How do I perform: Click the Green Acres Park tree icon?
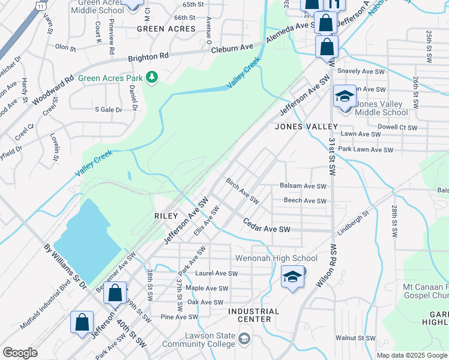(152, 77)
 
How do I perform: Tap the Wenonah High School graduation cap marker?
(292, 277)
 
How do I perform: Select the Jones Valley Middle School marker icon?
(345, 97)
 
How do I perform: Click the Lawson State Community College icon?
(244, 340)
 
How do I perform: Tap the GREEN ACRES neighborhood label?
(166, 29)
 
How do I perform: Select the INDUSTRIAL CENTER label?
(253, 315)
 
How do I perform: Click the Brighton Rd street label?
(148, 57)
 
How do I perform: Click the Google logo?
(20, 353)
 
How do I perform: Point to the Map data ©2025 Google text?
(412, 355)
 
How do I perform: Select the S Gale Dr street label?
(108, 109)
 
